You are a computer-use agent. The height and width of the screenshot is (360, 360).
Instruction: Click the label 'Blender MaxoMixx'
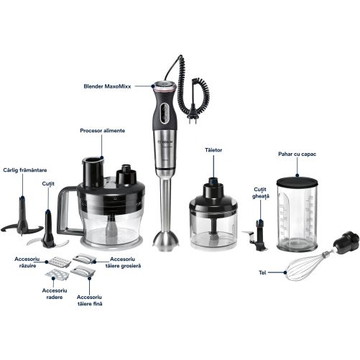tap(107, 86)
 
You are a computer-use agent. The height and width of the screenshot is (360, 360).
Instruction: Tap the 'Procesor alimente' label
tap(103, 131)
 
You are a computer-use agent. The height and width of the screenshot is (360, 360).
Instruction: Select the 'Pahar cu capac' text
tap(297, 154)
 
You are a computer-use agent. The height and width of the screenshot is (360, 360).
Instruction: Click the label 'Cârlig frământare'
tap(25, 170)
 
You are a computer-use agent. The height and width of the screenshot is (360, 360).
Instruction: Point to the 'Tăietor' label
tap(213, 150)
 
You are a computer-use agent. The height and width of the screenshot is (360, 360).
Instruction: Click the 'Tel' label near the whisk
tap(262, 272)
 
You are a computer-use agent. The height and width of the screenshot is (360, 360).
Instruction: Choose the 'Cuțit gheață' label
tap(260, 193)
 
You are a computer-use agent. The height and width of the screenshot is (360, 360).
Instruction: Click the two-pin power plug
tap(193, 119)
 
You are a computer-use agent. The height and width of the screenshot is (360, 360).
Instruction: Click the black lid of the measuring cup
tap(297, 181)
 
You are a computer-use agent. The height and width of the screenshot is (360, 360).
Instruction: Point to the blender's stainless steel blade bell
tap(166, 240)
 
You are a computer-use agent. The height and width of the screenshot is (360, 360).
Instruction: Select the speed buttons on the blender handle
tap(165, 114)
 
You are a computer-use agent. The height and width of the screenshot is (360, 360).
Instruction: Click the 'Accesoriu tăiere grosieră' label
tap(123, 262)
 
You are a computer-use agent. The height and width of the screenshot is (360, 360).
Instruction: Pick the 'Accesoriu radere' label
tap(55, 294)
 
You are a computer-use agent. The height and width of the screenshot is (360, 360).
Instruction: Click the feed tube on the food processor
tap(93, 172)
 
